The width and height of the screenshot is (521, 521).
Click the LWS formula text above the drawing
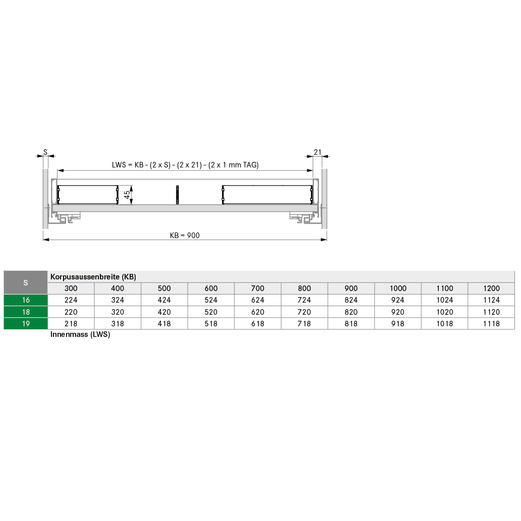click(185, 165)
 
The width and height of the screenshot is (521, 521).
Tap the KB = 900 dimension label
click(185, 236)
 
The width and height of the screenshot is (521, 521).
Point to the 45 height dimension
click(127, 195)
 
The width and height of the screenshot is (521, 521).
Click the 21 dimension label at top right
click(318, 152)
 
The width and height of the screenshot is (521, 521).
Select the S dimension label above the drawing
click(45, 152)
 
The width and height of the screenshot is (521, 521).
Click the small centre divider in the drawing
click(177, 195)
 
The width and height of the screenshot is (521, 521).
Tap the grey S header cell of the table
click(26, 283)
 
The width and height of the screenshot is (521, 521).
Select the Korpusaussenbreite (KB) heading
click(93, 277)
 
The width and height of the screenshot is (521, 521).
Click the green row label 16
click(26, 300)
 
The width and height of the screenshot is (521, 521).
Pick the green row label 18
click(26, 312)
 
